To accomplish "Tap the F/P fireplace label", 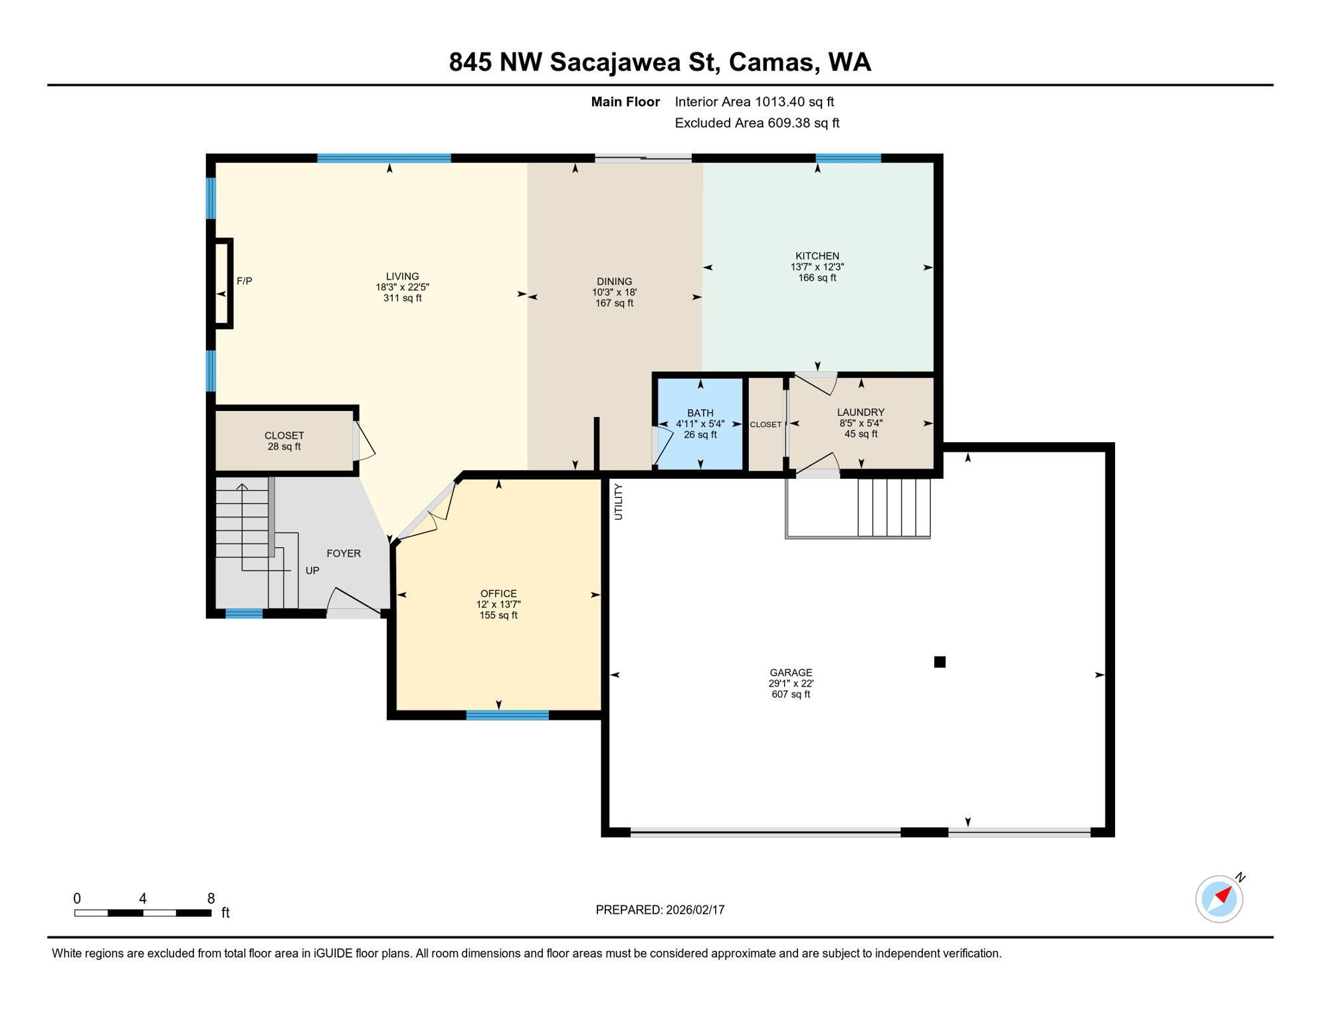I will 245,281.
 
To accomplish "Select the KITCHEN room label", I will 817,256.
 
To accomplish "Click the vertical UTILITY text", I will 618,501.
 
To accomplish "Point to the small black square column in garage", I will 940,661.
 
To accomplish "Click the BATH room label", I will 700,412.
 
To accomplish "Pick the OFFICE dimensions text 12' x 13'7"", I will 498,604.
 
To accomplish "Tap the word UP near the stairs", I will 312,570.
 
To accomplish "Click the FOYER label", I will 344,553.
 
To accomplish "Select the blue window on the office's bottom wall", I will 507,715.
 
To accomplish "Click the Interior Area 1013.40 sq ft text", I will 754,102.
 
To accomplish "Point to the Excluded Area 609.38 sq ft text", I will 757,123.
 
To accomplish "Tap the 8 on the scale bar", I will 211,898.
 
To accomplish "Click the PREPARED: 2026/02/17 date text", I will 660,910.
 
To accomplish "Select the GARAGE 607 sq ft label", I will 791,694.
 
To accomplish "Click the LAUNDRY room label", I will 860,412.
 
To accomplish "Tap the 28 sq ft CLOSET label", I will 284,446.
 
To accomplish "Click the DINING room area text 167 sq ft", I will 614,303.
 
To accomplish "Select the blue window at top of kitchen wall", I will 848,158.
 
